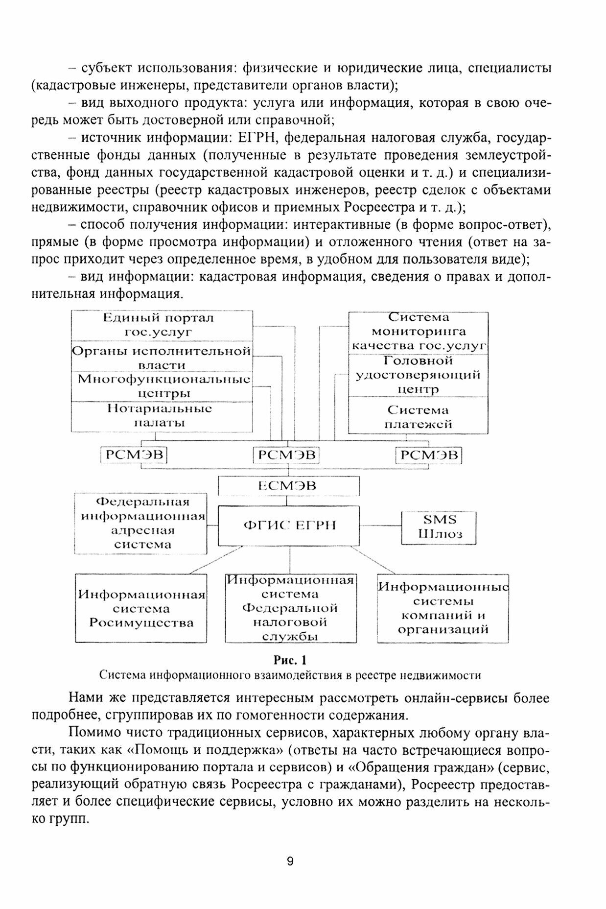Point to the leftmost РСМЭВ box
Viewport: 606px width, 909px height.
[x=134, y=455]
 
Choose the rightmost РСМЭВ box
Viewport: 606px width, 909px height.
[x=429, y=455]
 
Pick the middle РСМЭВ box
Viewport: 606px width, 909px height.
[x=286, y=455]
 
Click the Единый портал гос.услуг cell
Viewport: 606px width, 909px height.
[x=162, y=325]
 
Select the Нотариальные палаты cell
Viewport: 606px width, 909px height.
[x=162, y=416]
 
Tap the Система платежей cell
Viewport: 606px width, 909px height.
[x=418, y=417]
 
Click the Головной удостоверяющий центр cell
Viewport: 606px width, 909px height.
[x=418, y=375]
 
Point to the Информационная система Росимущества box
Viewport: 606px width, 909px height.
[x=141, y=608]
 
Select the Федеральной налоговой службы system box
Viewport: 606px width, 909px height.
[x=290, y=608]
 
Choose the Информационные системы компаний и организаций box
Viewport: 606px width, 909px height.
[x=443, y=608]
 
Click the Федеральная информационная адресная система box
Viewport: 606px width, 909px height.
[x=141, y=523]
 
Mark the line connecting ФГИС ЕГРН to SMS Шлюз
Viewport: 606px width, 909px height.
[x=380, y=526]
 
